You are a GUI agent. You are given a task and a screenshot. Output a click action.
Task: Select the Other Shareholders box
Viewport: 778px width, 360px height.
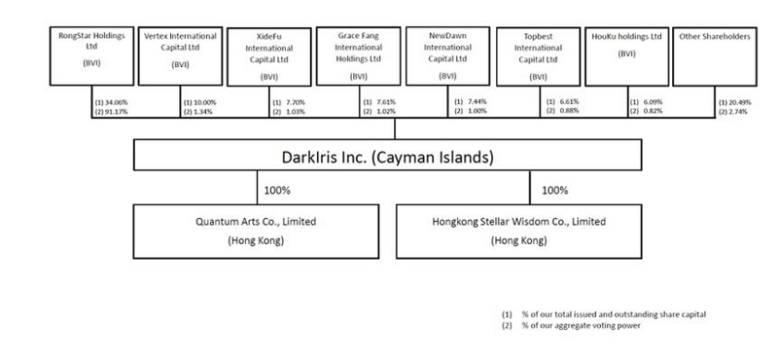716,56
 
